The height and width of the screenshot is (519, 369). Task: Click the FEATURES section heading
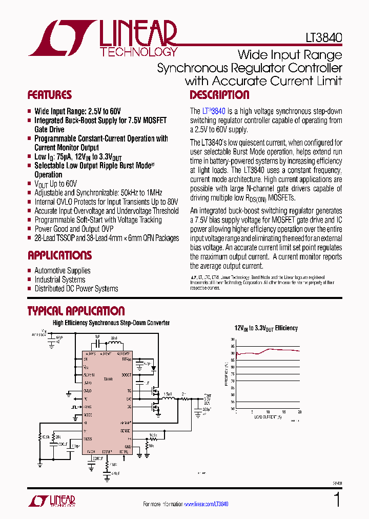pos(49,95)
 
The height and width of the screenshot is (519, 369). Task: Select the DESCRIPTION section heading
pos(219,95)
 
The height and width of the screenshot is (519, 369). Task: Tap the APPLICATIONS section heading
pos(59,255)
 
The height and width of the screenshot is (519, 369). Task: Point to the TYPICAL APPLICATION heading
pos(76,311)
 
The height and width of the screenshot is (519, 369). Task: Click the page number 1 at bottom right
pos(337,500)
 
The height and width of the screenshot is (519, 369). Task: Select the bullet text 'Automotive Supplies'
pos(62,271)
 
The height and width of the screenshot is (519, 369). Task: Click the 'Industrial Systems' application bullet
pos(59,280)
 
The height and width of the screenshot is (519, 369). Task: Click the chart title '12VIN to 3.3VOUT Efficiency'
pos(266,328)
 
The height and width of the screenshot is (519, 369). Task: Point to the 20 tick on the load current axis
pos(299,412)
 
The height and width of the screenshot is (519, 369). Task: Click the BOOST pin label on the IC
pos(126,374)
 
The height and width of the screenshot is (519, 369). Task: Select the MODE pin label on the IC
pos(88,414)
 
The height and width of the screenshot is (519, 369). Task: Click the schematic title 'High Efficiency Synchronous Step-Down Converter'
pos(111,323)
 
